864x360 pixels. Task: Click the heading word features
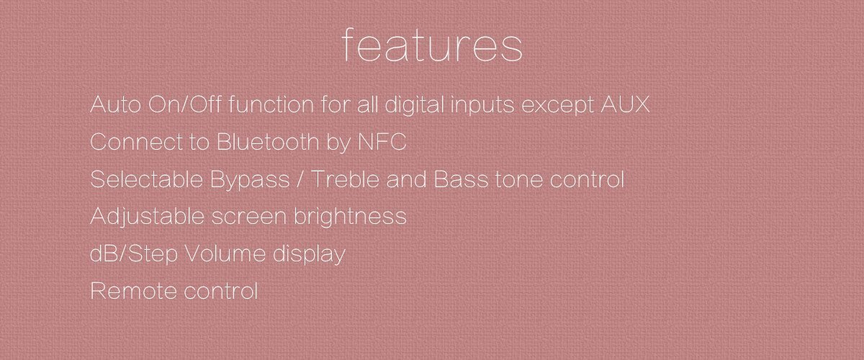tap(432, 45)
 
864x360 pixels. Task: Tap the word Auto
tap(115, 104)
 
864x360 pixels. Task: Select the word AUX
tap(625, 104)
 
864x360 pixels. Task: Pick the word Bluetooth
tap(268, 142)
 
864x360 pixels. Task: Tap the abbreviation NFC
tap(382, 142)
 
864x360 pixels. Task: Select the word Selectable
tap(147, 179)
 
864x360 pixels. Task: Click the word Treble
tap(345, 179)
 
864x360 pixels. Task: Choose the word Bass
tap(461, 179)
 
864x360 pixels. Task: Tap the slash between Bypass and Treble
tap(300, 179)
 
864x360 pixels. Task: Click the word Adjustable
tap(147, 217)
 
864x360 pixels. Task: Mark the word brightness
tap(350, 217)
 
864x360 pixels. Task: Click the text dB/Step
tap(134, 254)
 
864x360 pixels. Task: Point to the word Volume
tap(225, 253)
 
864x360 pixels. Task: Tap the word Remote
tap(133, 291)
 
